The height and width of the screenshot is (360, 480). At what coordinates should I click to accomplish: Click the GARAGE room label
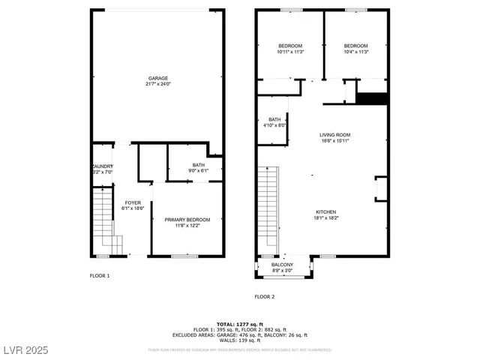pos(157,78)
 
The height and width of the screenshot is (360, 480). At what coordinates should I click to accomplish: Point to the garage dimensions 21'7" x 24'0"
pos(157,84)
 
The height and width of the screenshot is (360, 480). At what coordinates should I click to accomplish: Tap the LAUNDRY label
pos(103,166)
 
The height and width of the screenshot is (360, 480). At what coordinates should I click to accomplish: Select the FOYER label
pos(133,202)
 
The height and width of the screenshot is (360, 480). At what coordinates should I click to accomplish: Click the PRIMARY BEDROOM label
pos(187,219)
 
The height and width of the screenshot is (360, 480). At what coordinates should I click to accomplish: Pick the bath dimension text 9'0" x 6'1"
pos(198,171)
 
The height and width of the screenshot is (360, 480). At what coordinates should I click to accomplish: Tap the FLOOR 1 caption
pos(99,276)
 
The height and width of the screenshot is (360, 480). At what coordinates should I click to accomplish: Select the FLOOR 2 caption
pos(264,297)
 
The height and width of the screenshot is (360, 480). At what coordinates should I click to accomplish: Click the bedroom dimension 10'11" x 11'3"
pos(289,52)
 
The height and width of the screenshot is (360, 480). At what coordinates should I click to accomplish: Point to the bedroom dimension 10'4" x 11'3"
pos(355,52)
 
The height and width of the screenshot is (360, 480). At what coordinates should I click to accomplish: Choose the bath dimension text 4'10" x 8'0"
pos(274,125)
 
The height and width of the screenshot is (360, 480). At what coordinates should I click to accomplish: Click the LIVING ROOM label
pos(335,135)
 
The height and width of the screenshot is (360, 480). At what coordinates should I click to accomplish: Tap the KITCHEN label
pos(325,212)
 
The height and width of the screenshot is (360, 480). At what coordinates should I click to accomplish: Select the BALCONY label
pos(282,265)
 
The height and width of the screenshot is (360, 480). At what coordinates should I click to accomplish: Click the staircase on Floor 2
pos(267,206)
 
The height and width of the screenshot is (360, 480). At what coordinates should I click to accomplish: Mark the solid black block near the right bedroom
pos(371,97)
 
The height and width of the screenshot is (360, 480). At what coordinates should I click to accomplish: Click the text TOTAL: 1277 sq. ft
pos(240,323)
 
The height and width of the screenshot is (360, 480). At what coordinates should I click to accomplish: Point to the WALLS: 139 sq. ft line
pos(240,340)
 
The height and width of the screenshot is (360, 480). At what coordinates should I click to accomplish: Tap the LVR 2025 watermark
pos(25,350)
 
